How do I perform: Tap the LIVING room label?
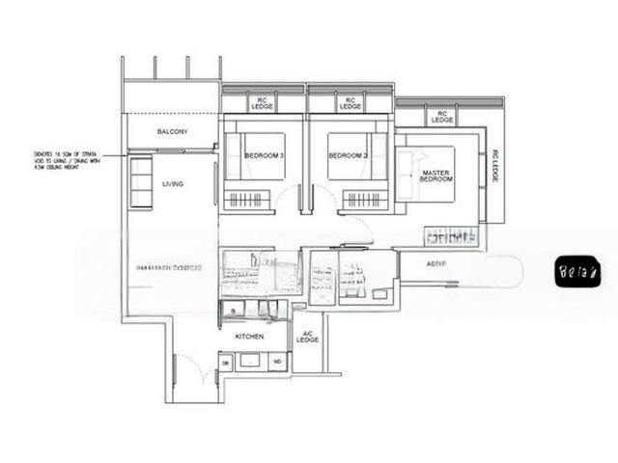(173, 183)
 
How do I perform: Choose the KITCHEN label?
(250, 338)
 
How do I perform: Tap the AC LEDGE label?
(307, 337)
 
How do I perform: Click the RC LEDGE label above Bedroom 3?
(263, 102)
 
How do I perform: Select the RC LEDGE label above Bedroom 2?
(350, 102)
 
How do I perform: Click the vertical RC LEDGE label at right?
(494, 169)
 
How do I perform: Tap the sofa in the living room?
(141, 182)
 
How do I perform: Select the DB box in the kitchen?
(225, 362)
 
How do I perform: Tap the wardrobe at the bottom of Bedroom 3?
(247, 201)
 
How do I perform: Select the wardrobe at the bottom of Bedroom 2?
(365, 201)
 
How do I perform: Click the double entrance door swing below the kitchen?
(191, 371)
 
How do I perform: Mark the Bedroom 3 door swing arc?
(288, 200)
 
